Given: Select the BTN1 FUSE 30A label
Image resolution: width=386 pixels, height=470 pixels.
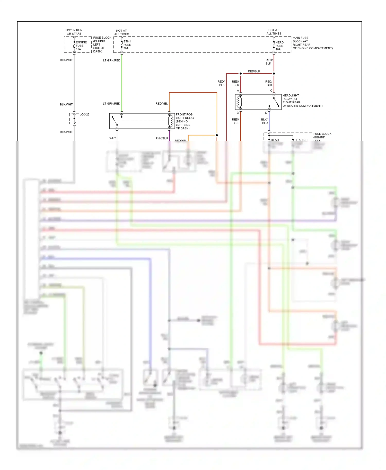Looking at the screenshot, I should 127,45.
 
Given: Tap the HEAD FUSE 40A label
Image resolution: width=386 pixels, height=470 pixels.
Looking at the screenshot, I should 279,46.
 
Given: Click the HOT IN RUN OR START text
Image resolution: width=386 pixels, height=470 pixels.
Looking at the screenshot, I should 74,32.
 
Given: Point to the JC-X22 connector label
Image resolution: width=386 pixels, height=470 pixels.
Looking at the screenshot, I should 84,114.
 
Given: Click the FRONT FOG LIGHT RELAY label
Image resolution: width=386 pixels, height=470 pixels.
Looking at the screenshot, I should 185,121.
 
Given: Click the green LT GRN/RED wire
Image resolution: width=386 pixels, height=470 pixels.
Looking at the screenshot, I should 122,82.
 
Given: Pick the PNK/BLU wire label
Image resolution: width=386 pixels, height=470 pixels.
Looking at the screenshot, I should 162,138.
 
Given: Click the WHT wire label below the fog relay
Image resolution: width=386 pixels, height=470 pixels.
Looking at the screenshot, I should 113,138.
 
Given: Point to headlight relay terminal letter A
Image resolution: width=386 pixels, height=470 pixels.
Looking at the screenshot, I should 238,91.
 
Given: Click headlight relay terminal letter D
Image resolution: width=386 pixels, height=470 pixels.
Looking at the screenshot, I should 266,113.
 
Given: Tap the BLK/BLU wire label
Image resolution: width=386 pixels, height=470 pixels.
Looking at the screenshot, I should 265,121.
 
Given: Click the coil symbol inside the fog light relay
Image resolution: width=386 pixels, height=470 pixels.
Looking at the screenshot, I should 171,121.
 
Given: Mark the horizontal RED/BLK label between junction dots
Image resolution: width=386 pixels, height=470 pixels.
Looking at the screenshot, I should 254,71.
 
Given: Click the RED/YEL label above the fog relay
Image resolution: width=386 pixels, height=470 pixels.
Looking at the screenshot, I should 161,104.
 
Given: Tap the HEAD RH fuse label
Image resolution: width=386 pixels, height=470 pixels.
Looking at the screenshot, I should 301,140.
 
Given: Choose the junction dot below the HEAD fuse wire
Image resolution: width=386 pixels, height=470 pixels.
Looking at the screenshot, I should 274,74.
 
